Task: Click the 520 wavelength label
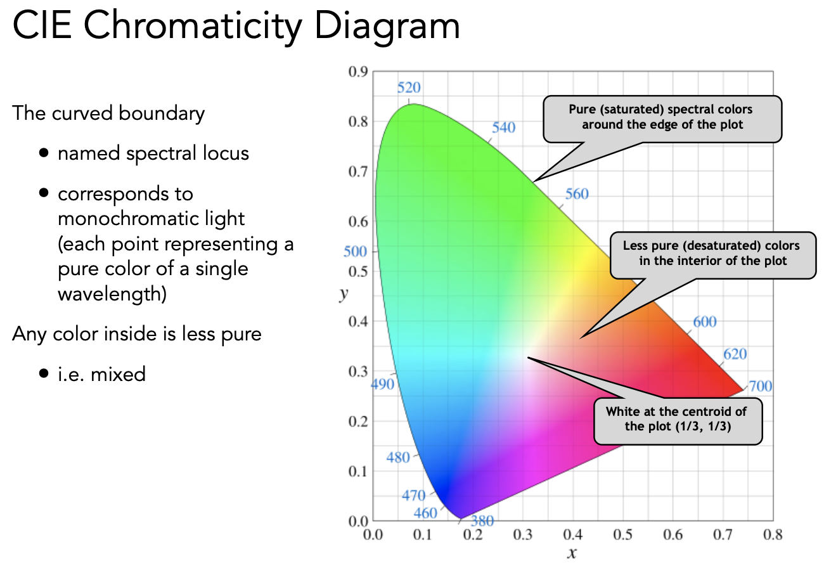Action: (409, 87)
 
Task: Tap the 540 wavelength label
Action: (503, 127)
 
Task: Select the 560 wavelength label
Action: (577, 194)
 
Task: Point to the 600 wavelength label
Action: (704, 321)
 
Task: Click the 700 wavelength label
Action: (760, 386)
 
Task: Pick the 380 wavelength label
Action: (482, 521)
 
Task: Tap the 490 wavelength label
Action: (382, 384)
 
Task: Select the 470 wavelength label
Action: (414, 496)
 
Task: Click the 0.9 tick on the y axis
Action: (358, 72)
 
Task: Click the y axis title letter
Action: (343, 295)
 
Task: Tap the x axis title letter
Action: (572, 553)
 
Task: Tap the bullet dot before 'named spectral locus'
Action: (43, 153)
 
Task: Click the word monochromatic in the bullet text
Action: (151, 219)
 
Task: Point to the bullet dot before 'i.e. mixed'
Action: (43, 374)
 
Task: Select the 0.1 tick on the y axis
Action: (358, 471)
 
